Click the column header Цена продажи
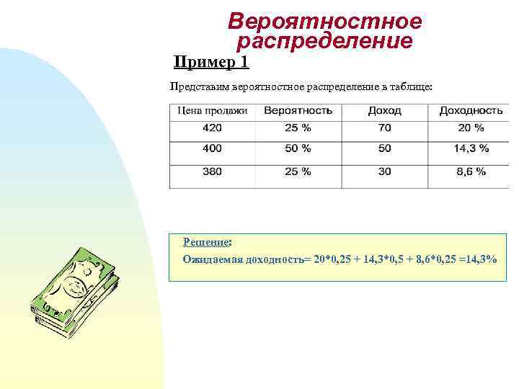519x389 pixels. pos(212,111)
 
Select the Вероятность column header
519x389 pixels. pos(298,111)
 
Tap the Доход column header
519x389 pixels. pos(384,111)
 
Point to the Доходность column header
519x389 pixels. pos(470,111)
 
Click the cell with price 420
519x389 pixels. pos(212,128)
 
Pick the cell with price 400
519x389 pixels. pos(212,148)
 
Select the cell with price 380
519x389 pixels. pos(212,172)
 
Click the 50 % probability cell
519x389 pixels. pos(298,148)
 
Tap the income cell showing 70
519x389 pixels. pos(384,128)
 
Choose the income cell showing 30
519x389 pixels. pos(384,172)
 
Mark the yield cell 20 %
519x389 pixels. pos(470,128)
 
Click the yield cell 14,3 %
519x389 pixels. pos(470,148)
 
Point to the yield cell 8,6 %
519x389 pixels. pos(470,172)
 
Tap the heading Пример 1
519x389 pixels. pos(211,62)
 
